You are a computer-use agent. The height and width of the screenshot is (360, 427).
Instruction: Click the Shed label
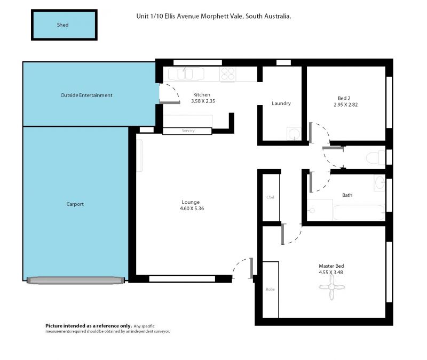(62, 25)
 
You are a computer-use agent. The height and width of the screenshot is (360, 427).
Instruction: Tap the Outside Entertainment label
(86, 95)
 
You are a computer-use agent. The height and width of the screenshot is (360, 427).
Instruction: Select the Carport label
(75, 204)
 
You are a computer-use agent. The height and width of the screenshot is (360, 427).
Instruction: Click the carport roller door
(75, 281)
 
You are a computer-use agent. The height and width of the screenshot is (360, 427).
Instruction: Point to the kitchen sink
(186, 74)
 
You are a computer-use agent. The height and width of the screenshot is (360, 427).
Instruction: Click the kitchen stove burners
(228, 74)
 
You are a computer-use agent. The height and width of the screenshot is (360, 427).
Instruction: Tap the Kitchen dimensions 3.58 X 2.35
(203, 101)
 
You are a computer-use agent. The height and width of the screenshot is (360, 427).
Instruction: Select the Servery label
(188, 131)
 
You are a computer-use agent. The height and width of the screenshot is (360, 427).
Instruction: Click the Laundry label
(281, 103)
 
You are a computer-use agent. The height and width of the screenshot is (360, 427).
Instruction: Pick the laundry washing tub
(294, 134)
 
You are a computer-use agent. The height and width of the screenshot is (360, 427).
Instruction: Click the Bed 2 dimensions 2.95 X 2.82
(345, 105)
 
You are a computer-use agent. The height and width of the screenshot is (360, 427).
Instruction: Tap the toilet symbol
(376, 157)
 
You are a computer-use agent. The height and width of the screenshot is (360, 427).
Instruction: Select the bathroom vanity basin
(379, 182)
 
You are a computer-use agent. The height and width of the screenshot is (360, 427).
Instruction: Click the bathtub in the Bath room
(359, 212)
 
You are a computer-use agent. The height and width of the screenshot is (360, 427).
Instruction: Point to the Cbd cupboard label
(270, 197)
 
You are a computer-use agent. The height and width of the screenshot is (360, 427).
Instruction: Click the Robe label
(270, 289)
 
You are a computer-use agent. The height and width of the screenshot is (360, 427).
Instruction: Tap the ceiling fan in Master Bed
(331, 287)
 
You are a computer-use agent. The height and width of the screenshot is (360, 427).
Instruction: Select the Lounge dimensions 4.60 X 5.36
(192, 209)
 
